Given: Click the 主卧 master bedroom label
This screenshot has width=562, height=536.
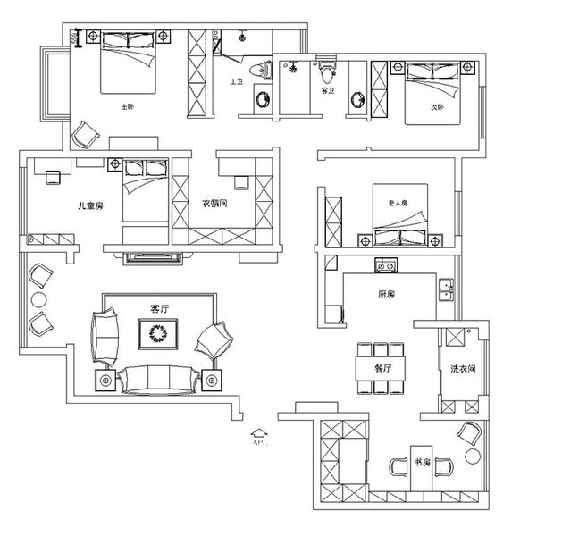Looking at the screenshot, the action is (x=127, y=107).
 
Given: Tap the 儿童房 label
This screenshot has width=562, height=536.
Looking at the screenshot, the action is (x=92, y=205).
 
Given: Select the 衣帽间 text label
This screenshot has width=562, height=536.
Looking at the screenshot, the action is (x=215, y=203).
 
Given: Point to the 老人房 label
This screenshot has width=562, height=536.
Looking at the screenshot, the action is (x=398, y=202).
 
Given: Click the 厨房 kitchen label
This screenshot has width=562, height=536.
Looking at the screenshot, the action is (x=385, y=293).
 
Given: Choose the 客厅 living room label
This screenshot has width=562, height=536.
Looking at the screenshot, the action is (x=160, y=308).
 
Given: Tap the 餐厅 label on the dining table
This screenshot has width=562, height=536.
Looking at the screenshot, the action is (x=383, y=365).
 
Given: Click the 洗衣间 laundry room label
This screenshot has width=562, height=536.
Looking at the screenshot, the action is (x=462, y=369).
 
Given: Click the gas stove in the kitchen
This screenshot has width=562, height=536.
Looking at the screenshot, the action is (x=388, y=264).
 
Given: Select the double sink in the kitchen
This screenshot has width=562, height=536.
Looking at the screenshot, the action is (x=444, y=288).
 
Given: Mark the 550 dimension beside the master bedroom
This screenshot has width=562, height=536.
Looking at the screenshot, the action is (x=80, y=38).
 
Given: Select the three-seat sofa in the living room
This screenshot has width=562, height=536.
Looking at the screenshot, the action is (x=160, y=378).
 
